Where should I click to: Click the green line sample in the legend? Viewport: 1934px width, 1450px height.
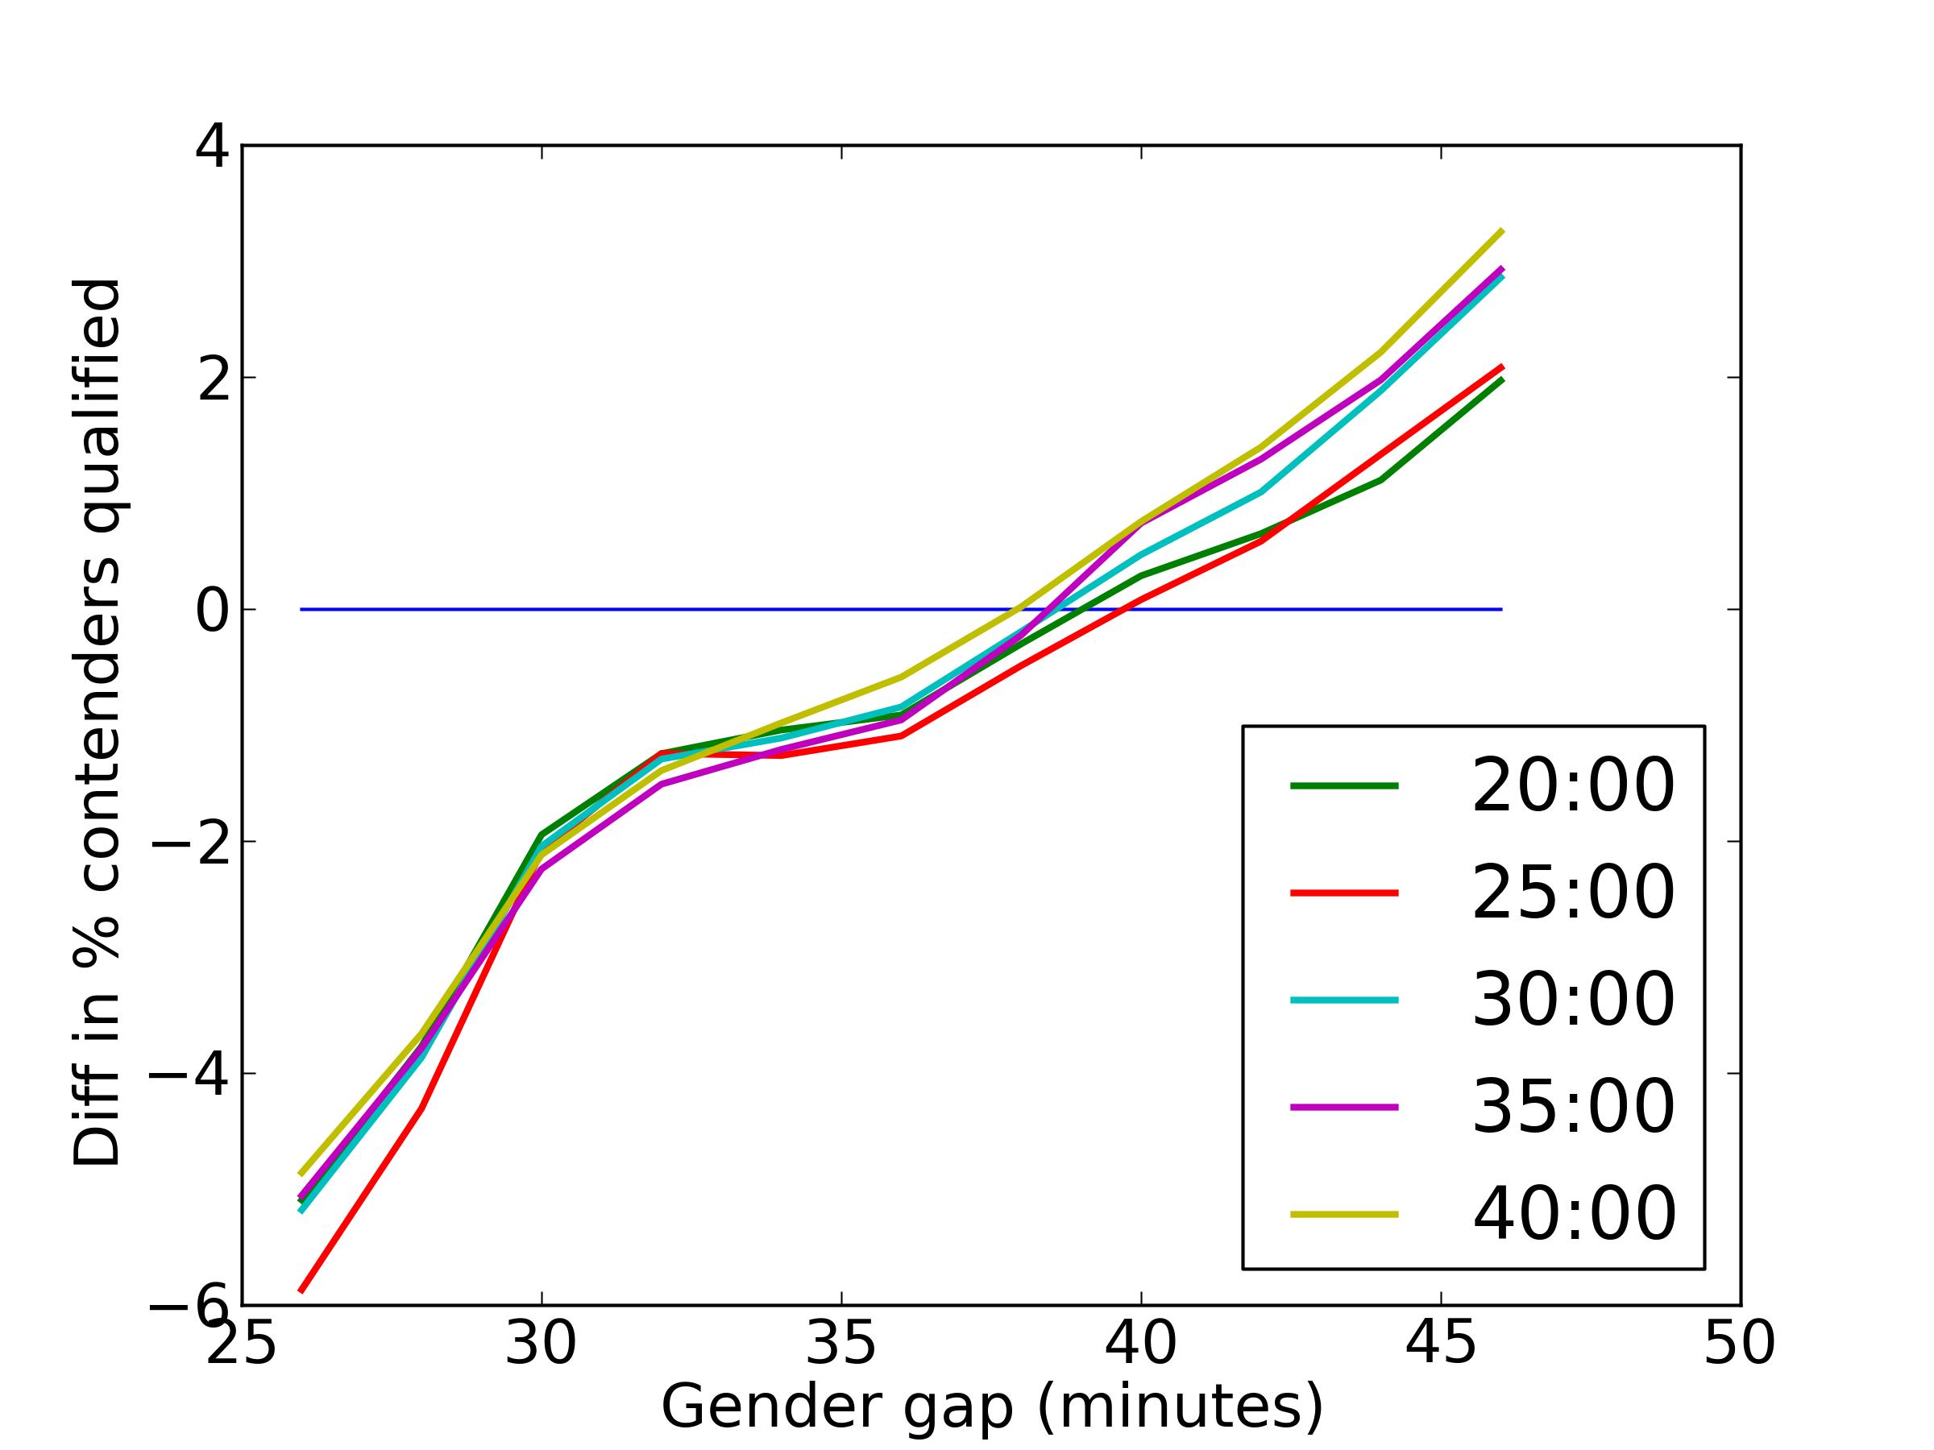click(1344, 785)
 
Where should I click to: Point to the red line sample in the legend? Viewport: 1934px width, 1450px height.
click(1344, 893)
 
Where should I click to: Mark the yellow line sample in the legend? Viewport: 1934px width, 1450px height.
click(1344, 1214)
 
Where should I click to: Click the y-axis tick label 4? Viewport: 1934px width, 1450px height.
click(213, 146)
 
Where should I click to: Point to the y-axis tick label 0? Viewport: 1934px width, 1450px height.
click(213, 610)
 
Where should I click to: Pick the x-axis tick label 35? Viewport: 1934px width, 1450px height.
click(840, 1344)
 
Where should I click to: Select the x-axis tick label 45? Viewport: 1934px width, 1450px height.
click(1440, 1344)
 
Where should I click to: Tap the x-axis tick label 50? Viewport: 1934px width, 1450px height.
click(1740, 1344)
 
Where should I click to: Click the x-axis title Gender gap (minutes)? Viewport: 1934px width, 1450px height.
click(991, 1406)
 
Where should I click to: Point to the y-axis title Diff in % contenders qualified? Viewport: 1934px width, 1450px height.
click(96, 722)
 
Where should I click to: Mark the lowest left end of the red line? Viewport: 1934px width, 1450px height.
click(301, 1291)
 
